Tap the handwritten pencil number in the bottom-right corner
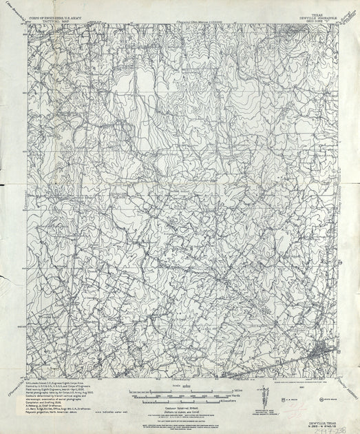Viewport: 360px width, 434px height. tap(329, 422)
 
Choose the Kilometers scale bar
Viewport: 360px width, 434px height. tap(180, 395)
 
